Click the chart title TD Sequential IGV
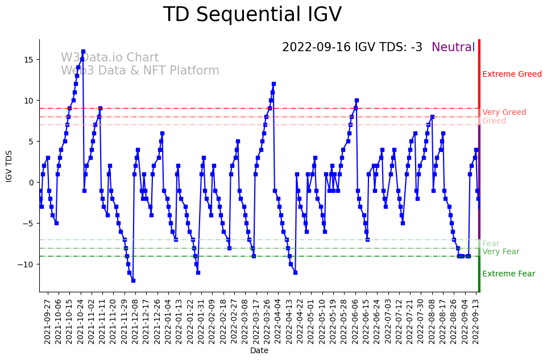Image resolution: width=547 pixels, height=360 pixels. [x=252, y=15]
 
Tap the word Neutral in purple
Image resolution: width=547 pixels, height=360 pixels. [x=453, y=48]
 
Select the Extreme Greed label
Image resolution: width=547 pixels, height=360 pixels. [x=512, y=75]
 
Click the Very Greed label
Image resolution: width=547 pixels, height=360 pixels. [x=504, y=113]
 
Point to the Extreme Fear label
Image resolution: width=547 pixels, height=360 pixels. [x=508, y=274]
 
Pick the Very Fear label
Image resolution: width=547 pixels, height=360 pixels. [x=500, y=252]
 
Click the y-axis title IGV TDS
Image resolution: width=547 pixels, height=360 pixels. [x=9, y=166]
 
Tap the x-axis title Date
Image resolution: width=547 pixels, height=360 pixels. [x=259, y=351]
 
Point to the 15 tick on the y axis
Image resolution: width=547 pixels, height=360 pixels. [x=28, y=60]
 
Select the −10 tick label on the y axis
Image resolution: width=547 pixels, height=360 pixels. [x=26, y=264]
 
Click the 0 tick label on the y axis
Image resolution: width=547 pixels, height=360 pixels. [x=31, y=183]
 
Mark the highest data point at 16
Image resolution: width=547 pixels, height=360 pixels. [x=83, y=51]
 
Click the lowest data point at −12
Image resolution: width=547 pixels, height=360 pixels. [x=133, y=280]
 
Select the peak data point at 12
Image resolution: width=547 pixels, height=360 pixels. [x=273, y=84]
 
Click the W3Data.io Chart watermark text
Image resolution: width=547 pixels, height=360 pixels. [x=110, y=58]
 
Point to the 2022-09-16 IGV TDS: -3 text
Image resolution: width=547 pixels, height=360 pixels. [x=352, y=48]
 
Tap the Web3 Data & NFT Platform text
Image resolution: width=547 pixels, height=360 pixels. [x=140, y=71]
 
